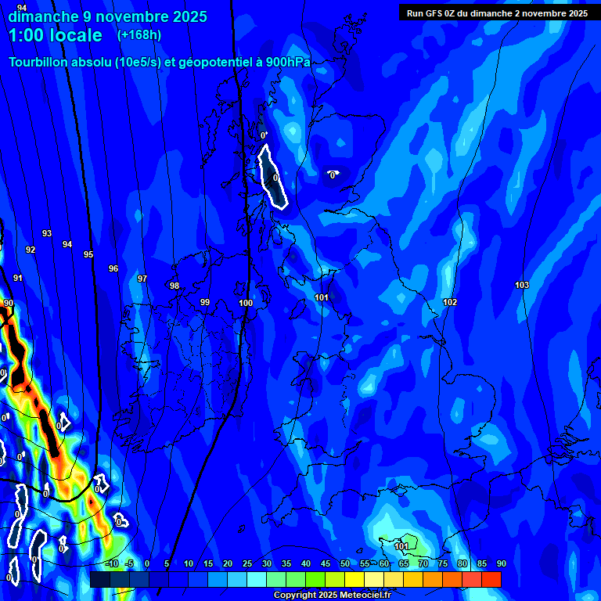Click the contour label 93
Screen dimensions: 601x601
(47, 233)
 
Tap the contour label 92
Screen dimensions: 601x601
(31, 250)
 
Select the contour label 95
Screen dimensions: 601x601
(88, 254)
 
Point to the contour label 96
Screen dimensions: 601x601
(113, 268)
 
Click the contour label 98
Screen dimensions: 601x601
(175, 286)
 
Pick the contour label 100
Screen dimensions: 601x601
(246, 303)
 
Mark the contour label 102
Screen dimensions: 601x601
(450, 302)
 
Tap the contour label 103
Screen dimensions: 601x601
(522, 285)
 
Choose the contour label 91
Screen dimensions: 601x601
(18, 278)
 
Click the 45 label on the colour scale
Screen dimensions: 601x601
(326, 563)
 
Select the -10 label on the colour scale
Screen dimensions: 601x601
(111, 563)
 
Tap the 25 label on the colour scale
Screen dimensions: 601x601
(247, 563)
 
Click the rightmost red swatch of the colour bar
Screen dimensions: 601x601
(491, 579)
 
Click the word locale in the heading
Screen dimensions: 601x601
(74, 35)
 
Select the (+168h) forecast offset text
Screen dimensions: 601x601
(139, 34)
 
